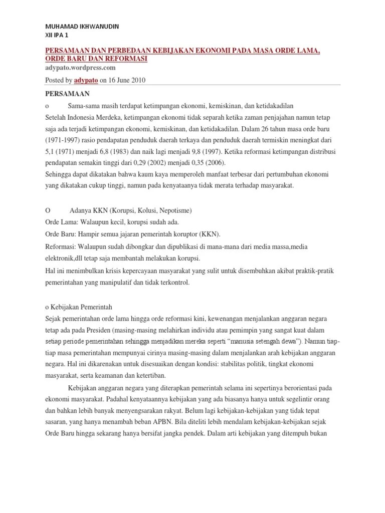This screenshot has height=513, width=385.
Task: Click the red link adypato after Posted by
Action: (x=86, y=80)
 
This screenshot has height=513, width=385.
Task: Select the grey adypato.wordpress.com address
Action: (x=80, y=68)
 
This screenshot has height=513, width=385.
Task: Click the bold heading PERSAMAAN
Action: (x=67, y=94)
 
